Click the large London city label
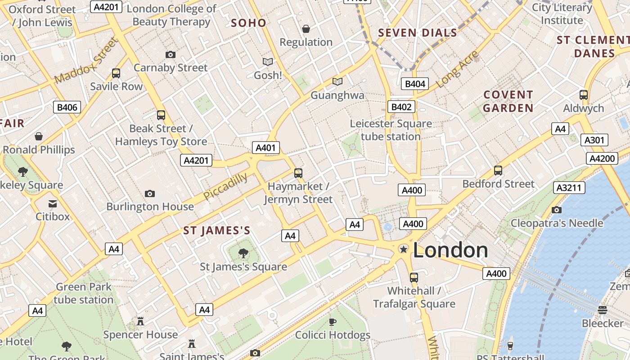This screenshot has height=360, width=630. [450, 250]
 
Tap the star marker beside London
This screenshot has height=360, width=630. [404, 249]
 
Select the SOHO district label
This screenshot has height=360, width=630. [248, 23]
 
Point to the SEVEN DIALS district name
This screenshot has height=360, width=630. [418, 32]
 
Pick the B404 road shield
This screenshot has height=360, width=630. [415, 84]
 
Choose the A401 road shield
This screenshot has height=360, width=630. [266, 148]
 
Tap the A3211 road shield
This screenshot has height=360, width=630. [569, 188]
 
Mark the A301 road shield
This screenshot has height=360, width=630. [594, 140]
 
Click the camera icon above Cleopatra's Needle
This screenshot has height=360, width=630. [557, 210]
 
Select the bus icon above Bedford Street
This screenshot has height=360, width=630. [498, 171]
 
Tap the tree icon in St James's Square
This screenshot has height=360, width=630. [243, 253]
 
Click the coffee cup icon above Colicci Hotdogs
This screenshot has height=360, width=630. [332, 321]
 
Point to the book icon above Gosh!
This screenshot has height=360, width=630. [268, 62]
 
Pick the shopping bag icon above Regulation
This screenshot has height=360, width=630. [306, 29]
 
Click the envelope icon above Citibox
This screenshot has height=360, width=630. [53, 203]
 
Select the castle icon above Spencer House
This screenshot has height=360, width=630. [140, 321]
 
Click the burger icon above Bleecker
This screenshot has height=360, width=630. [603, 310]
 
